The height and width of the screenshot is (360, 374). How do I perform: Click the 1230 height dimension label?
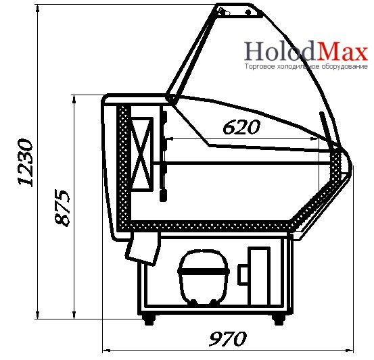(25, 163)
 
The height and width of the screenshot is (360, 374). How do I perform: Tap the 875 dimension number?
(62, 208)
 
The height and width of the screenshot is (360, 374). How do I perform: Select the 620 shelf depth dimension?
(241, 127)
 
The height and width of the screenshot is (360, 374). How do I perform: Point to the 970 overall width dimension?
(227, 338)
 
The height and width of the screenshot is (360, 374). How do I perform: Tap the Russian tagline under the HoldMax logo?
(306, 66)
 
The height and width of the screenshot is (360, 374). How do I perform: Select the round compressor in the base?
(204, 278)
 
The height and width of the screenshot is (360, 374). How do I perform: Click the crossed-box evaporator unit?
(142, 154)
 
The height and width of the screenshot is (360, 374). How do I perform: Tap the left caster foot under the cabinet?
(149, 319)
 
